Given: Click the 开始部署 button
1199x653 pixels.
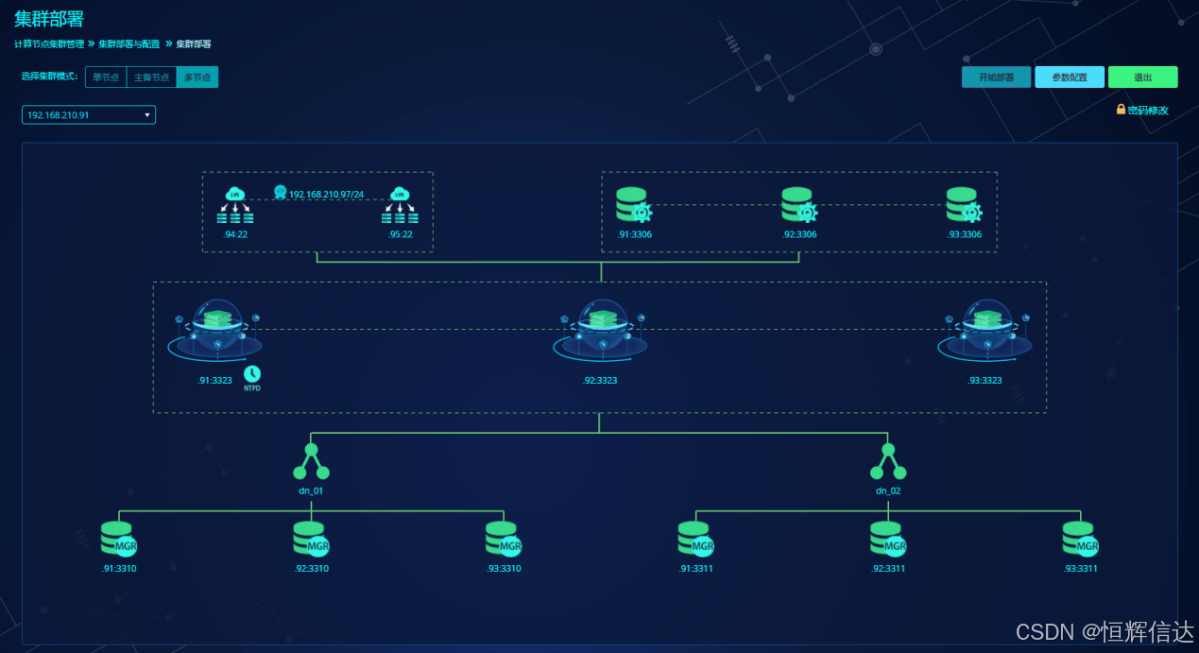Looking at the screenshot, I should pos(996,77).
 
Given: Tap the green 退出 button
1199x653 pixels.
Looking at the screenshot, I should pos(1142,77).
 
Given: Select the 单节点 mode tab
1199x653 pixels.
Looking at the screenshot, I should pos(105,77).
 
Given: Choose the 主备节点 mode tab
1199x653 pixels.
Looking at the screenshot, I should pos(150,77).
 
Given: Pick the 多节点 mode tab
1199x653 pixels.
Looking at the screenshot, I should pos(197,77).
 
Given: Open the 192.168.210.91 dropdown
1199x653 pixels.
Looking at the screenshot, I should pos(89,115).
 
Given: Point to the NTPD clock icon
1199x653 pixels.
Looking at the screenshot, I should pos(252,374).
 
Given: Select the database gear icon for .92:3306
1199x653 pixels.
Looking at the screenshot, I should pos(798,206).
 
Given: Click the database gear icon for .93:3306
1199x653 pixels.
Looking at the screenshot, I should pos(964,206).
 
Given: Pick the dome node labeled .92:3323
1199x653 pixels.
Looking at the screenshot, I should pos(600,333).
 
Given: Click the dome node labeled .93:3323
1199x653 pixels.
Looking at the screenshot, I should pos(985,333).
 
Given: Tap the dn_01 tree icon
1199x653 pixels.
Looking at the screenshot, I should pos(311,462).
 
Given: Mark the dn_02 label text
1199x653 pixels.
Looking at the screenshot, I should pos(888,490).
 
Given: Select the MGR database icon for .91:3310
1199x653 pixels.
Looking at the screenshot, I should pos(120,539).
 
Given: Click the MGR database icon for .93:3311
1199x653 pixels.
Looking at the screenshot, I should pos(1080,539).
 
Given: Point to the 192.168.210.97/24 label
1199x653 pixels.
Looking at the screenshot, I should pos(326,194).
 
